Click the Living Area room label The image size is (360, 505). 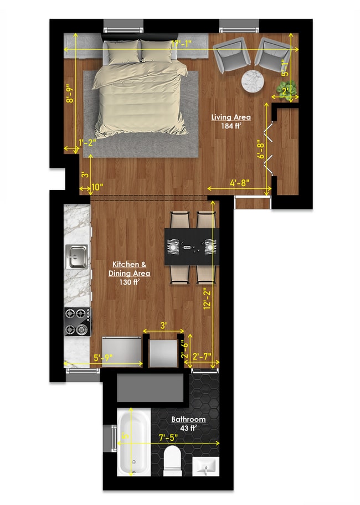pos(231,117)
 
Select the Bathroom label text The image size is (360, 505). pos(188,419)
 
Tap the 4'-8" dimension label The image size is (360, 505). pos(241,181)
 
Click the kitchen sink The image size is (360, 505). pos(77,255)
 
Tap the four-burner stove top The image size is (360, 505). pos(77,322)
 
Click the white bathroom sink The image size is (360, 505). pos(206,466)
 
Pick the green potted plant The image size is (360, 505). pos(290,88)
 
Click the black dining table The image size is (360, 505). pos(192,246)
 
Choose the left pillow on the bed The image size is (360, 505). pos(123,51)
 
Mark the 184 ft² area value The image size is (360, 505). pos(232,126)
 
